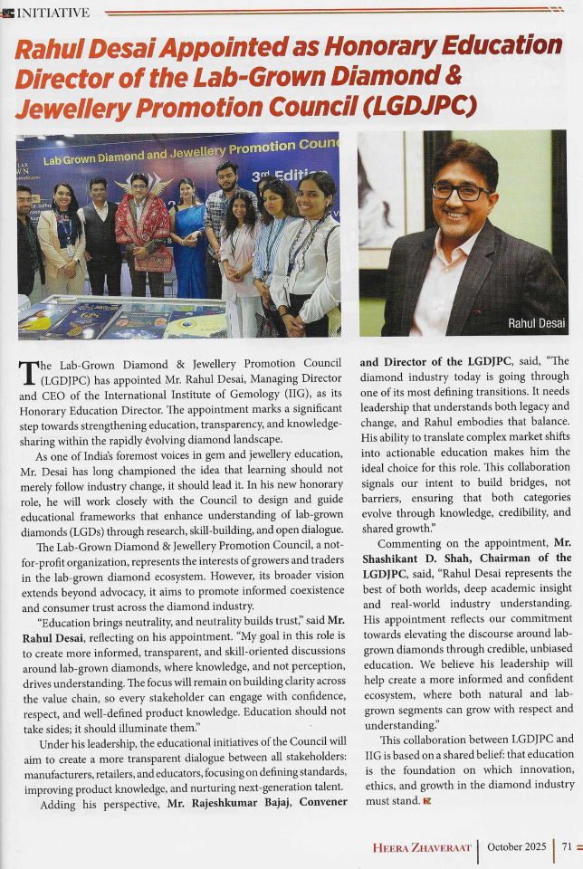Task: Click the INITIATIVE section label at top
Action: (53, 12)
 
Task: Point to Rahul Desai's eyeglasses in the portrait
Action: (461, 191)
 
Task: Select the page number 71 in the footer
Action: (566, 846)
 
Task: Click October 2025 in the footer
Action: (516, 846)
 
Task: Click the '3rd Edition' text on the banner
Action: (285, 176)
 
